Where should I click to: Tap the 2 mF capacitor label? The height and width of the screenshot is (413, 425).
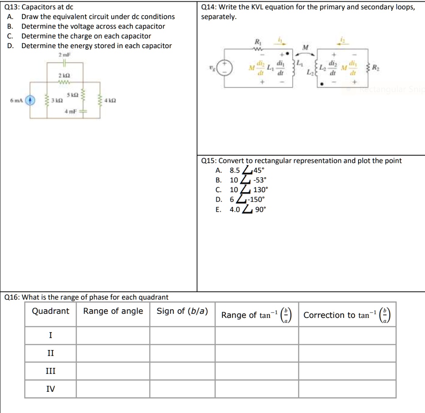coord(64,55)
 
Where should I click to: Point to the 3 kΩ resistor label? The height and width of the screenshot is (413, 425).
coord(57,101)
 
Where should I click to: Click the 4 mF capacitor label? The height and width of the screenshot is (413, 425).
coord(70,111)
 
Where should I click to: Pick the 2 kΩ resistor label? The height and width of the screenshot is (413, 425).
coord(64,76)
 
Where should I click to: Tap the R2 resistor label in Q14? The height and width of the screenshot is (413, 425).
coord(375,68)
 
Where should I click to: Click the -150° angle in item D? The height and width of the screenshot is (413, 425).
coord(256,200)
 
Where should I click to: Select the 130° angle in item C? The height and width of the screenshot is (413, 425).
coord(261,190)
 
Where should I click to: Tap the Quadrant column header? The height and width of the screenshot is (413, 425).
coord(51,311)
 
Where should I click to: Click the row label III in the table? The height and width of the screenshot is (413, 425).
coord(51,371)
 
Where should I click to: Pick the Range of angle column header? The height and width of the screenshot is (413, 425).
coord(113,311)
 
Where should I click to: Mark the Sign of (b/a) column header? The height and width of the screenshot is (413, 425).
coord(182,311)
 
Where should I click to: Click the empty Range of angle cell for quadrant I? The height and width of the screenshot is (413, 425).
coord(113,335)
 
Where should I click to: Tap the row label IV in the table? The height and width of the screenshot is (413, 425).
coord(51,389)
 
